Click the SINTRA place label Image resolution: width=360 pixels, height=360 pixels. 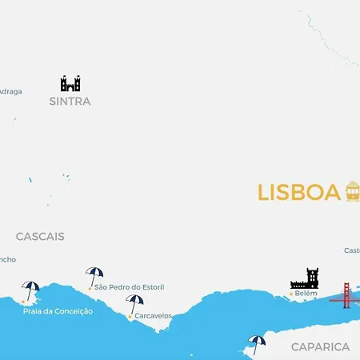(70, 102)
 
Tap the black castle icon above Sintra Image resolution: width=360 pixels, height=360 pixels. (70, 83)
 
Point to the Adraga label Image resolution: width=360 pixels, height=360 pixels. (10, 91)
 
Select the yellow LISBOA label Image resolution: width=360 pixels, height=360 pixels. (299, 193)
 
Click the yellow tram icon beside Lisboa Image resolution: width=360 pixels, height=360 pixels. (353, 191)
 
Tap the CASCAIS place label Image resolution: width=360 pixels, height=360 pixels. (40, 237)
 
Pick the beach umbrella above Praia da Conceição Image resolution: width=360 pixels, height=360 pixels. (31, 289)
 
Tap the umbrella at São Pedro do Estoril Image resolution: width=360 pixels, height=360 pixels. (94, 274)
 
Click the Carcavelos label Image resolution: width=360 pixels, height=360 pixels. (153, 316)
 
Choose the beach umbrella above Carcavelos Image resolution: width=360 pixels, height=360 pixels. (134, 302)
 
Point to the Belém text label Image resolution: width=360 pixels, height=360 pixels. (306, 294)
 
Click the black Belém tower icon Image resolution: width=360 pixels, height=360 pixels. (305, 278)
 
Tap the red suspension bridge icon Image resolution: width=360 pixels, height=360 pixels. (346, 295)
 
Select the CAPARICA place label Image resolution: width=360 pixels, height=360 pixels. (320, 346)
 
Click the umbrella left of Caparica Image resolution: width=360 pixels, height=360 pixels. (257, 342)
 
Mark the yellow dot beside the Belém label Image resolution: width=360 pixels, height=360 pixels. (290, 294)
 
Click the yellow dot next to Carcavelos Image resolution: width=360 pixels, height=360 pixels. (130, 317)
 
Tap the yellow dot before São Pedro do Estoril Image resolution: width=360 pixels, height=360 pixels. (90, 287)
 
